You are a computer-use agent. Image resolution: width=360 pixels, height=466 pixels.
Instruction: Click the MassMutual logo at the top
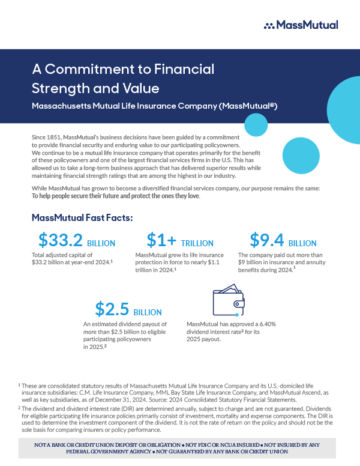(301, 25)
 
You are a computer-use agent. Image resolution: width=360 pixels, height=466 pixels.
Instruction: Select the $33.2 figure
(61, 240)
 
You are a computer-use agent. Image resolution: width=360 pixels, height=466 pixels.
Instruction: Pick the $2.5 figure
(112, 309)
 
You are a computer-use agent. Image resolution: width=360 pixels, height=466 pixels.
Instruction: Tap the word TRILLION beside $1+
(197, 243)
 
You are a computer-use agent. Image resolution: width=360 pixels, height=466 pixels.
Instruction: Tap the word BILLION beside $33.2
(101, 243)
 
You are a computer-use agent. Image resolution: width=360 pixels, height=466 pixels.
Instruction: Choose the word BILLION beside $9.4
(302, 243)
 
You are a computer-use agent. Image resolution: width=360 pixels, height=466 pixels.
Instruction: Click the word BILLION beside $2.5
(148, 312)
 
